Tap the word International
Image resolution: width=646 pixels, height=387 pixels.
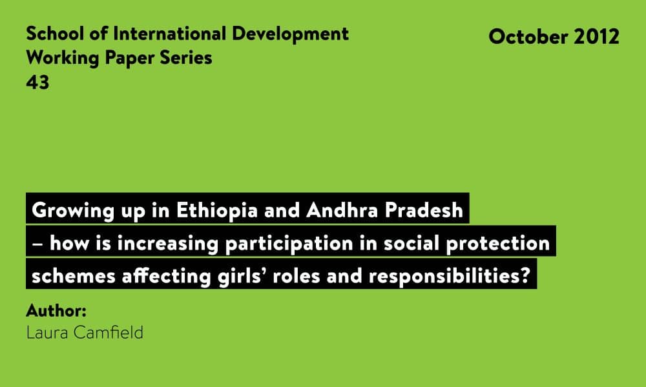click(x=170, y=34)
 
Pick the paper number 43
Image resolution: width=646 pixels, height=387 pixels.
click(x=37, y=83)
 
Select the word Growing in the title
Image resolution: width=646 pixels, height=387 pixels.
click(x=73, y=210)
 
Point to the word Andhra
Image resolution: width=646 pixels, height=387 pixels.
click(x=336, y=210)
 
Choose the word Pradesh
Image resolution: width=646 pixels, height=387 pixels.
click(x=424, y=210)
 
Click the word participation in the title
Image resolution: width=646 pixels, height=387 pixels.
click(x=289, y=243)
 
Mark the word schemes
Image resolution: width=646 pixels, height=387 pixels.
click(x=74, y=276)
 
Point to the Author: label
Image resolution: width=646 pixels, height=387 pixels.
click(x=56, y=310)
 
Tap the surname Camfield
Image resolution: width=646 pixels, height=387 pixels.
click(x=108, y=332)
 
